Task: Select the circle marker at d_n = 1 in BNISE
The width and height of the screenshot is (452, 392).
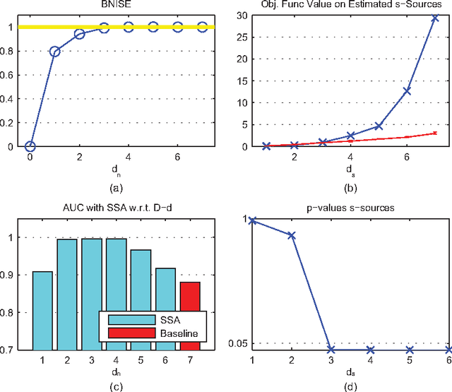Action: [x=54, y=52]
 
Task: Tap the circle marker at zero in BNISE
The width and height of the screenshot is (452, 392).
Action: [x=30, y=146]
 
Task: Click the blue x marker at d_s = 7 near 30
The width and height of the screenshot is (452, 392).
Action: [x=434, y=17]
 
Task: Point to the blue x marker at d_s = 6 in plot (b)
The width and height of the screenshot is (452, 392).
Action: [x=406, y=90]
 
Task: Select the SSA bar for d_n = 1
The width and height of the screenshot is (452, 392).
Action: [x=42, y=311]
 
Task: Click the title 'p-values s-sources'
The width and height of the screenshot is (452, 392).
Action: [x=350, y=208]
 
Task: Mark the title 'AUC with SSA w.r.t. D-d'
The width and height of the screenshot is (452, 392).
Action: [x=116, y=208]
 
